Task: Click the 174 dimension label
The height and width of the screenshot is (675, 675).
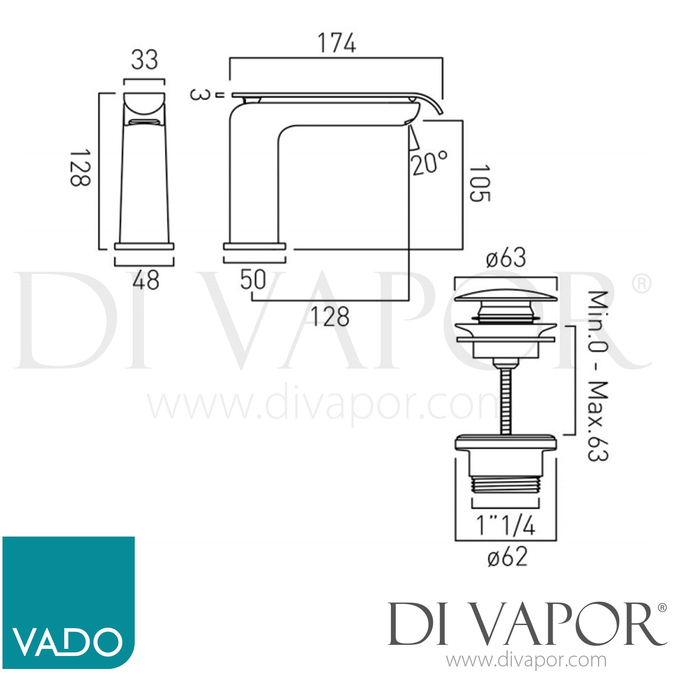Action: pyautogui.click(x=337, y=43)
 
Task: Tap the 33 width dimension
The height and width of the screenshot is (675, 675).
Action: pyautogui.click(x=144, y=60)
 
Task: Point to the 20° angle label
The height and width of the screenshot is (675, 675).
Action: pyautogui.click(x=429, y=163)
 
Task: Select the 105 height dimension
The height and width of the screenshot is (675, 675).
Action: pyautogui.click(x=480, y=184)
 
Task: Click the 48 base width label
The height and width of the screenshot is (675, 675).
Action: pyautogui.click(x=146, y=280)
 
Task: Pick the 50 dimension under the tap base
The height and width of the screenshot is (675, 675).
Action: pyautogui.click(x=253, y=279)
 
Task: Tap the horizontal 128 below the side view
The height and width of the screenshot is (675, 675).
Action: pyautogui.click(x=330, y=316)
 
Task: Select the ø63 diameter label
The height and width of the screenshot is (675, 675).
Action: pyautogui.click(x=506, y=258)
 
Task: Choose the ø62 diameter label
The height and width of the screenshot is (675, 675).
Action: pyautogui.click(x=507, y=557)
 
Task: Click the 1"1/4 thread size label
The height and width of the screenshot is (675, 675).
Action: pyautogui.click(x=506, y=525)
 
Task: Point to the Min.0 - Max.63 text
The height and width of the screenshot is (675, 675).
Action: pyautogui.click(x=598, y=376)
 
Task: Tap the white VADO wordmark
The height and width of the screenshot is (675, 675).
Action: pyautogui.click(x=67, y=642)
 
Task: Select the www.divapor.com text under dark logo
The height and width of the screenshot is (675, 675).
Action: pyautogui.click(x=526, y=661)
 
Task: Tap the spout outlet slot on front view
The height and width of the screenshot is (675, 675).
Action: pyautogui.click(x=144, y=122)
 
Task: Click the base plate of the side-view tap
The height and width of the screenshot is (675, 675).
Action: pyautogui.click(x=255, y=246)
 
